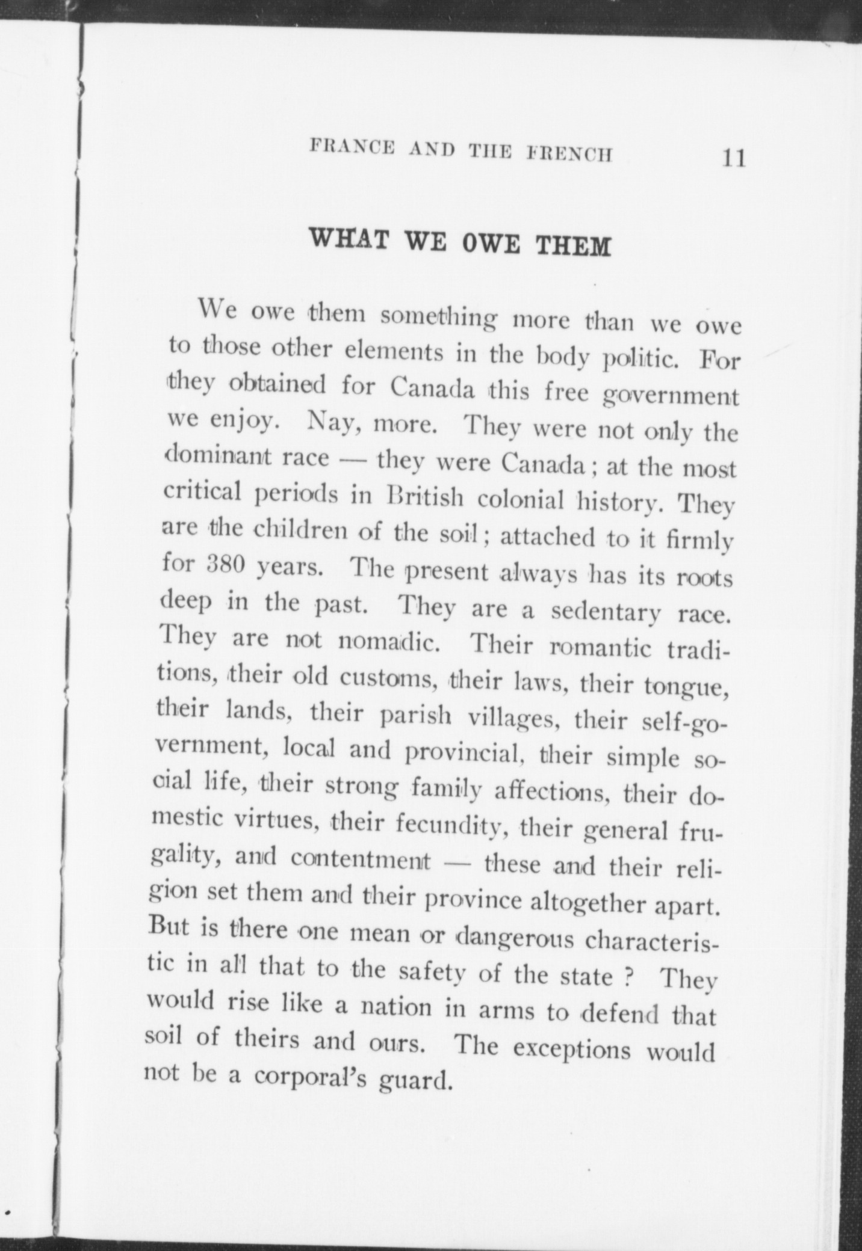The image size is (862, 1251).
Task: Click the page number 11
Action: pyautogui.click(x=734, y=158)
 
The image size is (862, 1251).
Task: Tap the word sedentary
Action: pyautogui.click(x=606, y=612)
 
